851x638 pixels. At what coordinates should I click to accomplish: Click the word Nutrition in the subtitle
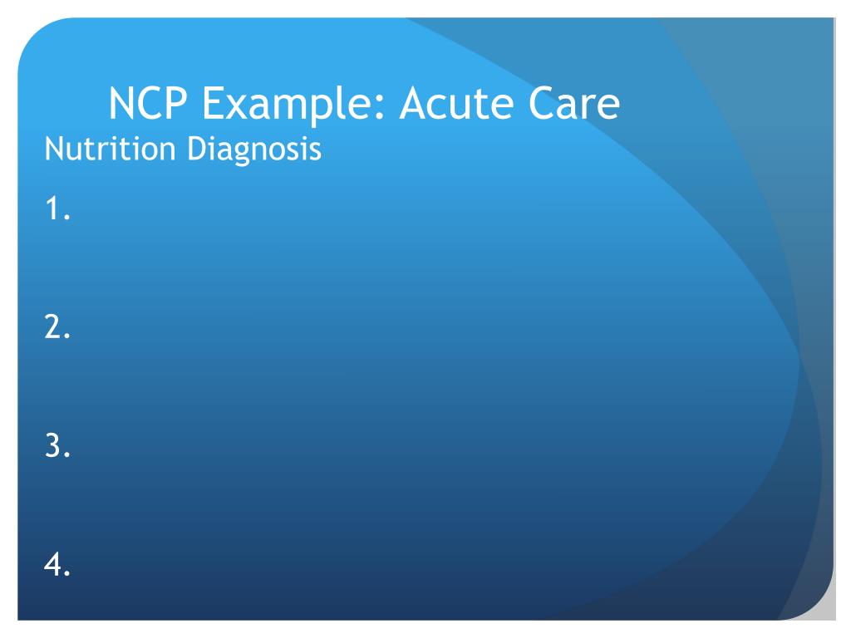pyautogui.click(x=97, y=150)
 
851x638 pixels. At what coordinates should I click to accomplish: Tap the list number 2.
pyautogui.click(x=57, y=330)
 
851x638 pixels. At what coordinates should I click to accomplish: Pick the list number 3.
pyautogui.click(x=57, y=448)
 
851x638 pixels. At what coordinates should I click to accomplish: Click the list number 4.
pyautogui.click(x=57, y=567)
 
